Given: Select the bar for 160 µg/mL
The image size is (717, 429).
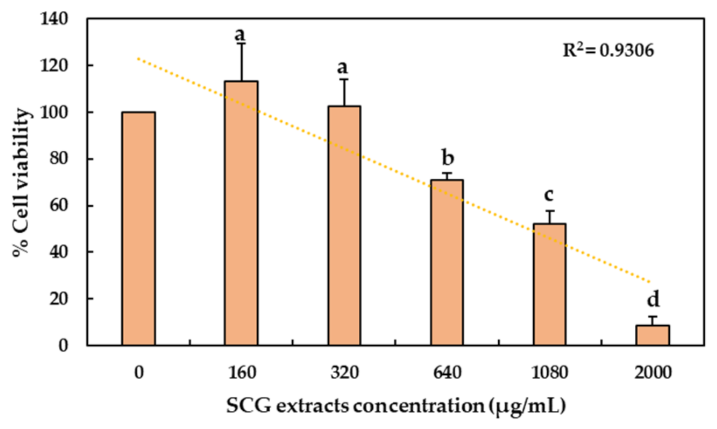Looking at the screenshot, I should [241, 213].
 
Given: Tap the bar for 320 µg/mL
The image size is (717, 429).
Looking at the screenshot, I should [344, 226].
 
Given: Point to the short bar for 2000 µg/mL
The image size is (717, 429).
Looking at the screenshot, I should [652, 335].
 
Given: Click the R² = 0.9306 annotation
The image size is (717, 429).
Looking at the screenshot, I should [608, 50].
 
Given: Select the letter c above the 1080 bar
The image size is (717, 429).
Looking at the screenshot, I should [549, 194].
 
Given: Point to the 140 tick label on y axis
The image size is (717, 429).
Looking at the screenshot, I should [54, 19].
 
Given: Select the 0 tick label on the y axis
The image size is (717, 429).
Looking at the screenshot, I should [63, 345].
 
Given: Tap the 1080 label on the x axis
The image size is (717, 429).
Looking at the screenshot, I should [549, 372].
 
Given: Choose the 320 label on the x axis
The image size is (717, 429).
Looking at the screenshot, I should [344, 372].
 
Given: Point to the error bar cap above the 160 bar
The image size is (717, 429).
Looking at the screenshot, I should [241, 43].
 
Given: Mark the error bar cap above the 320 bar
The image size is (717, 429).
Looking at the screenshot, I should [344, 79].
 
